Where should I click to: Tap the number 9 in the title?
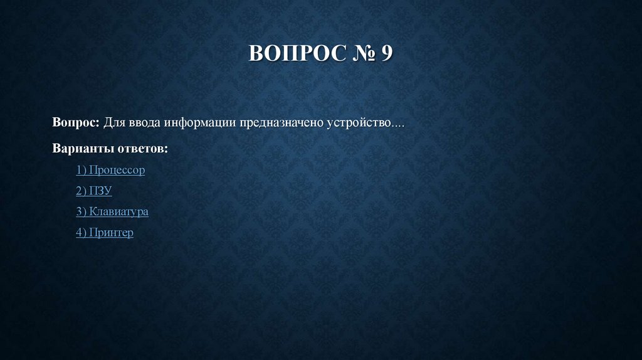tap(386, 53)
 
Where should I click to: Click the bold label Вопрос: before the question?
tap(76, 121)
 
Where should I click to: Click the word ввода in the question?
tap(144, 121)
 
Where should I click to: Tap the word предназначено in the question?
tap(281, 121)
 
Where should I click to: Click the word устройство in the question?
tap(358, 121)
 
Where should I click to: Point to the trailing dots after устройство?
tap(398, 124)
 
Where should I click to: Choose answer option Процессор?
tap(117, 170)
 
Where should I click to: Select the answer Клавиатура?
tap(118, 211)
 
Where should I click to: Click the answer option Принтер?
tap(111, 233)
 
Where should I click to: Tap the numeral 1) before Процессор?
tap(82, 170)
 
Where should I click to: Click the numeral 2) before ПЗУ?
tap(82, 191)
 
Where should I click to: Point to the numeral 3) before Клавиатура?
tap(82, 211)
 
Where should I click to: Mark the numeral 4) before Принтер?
tap(82, 233)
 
